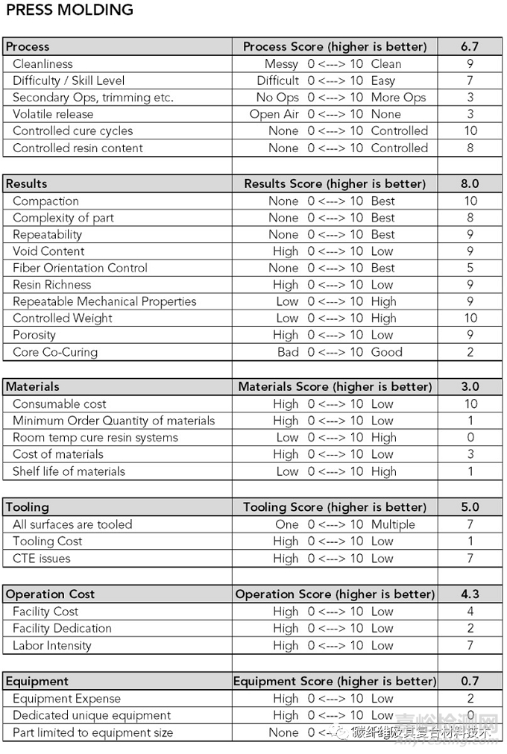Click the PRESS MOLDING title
pos(69,10)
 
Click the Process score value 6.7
pos(470,46)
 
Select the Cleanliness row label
pos(42,64)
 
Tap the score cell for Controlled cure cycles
pos(470,131)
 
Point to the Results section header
pos(27,183)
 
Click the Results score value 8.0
pos(470,183)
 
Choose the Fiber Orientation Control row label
pos(80,268)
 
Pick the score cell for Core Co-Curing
pos(470,352)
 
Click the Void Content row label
pos(48,251)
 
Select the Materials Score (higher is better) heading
pos(335,386)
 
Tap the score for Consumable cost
pos(470,403)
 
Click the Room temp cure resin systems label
pos(95,438)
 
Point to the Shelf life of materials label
pos(69,471)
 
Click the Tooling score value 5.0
pos(470,507)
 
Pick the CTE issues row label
pos(42,558)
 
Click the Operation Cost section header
pos(51,594)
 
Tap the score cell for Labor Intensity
pos(470,645)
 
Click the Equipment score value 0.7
pos(470,681)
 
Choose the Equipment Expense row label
pos(66,699)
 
